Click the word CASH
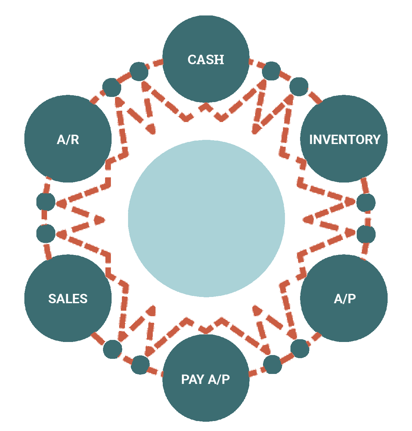tap(206, 60)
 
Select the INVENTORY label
tap(345, 140)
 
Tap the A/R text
tap(68, 140)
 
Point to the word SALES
tap(68, 299)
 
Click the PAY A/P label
tap(205, 379)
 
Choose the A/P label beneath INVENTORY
tap(345, 299)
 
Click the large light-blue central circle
tap(206, 218)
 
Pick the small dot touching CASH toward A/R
tap(139, 71)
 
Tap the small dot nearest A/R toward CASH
tap(112, 87)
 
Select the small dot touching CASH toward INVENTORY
tap(271, 71)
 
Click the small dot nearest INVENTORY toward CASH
tap(299, 87)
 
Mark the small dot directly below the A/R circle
tap(46, 202)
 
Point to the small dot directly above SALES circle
tap(46, 233)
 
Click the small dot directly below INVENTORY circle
tap(366, 203)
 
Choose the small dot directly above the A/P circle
tap(366, 234)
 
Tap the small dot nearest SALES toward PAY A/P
tap(113, 349)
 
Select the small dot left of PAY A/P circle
tap(140, 365)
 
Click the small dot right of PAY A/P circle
tap(273, 364)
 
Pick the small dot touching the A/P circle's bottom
tap(300, 349)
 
